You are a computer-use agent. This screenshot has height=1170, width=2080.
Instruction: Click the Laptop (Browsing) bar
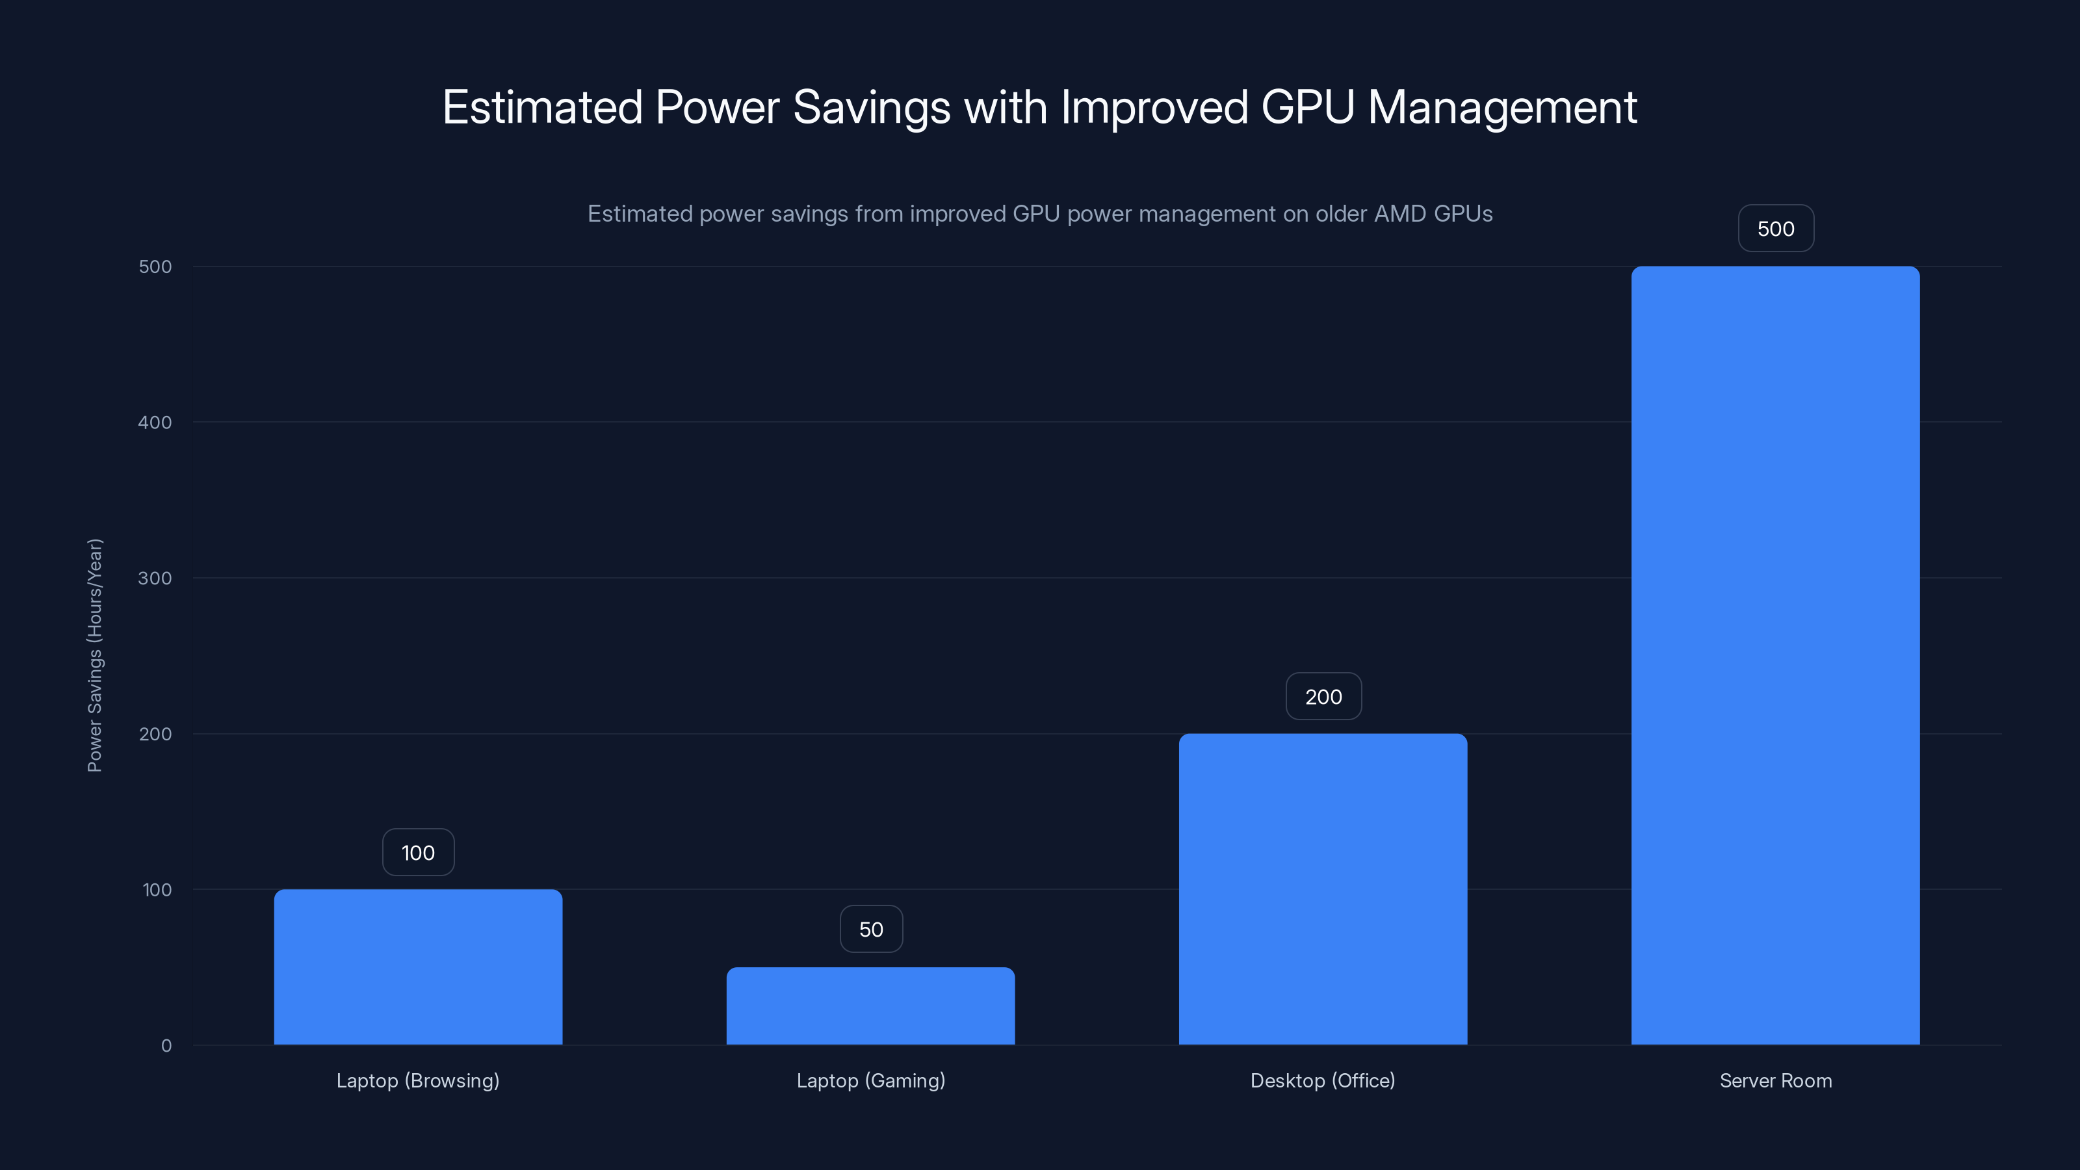417,967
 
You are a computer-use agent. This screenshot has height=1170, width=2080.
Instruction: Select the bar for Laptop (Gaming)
870,1006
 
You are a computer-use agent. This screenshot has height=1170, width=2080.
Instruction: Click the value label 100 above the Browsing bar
418,853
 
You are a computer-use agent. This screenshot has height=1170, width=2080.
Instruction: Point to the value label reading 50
871,929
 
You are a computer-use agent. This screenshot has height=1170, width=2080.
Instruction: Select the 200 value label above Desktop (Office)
1323,697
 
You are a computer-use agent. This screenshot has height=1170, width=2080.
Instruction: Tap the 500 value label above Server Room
1776,229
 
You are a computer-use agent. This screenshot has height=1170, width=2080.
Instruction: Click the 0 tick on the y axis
166,1046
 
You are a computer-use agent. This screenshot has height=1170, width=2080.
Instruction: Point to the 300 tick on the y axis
155,578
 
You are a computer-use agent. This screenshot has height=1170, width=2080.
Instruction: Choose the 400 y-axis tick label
155,422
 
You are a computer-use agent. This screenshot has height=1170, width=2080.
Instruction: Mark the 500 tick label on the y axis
155,266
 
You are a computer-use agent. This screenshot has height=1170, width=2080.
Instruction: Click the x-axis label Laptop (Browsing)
417,1080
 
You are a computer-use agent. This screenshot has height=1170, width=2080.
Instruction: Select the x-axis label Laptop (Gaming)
870,1080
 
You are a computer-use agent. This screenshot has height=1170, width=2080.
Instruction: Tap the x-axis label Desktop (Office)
1323,1080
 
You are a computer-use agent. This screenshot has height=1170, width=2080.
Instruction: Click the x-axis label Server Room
1776,1080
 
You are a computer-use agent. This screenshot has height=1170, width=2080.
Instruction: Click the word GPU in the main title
1307,107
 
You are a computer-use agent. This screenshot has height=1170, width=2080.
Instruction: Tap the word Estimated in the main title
542,107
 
